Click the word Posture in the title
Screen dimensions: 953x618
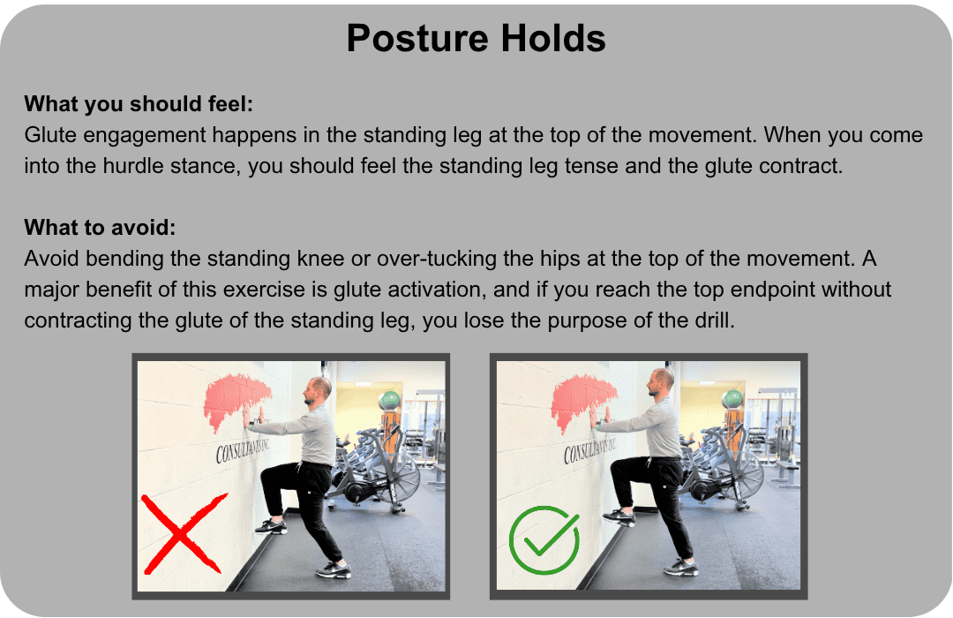[417, 39]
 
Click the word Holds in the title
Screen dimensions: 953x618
[553, 39]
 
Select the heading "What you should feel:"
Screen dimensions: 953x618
[139, 104]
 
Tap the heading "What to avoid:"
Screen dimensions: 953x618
[101, 228]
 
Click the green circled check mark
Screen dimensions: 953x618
[544, 539]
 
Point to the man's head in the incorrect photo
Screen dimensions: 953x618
[318, 391]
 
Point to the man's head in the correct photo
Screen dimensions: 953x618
[660, 382]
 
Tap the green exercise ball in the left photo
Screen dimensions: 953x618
[390, 400]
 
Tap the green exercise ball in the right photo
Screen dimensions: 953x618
[732, 399]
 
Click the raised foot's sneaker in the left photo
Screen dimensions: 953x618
[271, 526]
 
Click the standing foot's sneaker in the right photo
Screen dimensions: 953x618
[680, 568]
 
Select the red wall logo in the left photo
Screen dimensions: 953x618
[236, 403]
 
